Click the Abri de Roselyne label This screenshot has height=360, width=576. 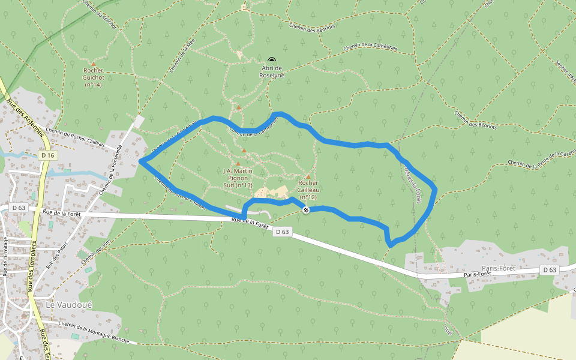coord(271,72)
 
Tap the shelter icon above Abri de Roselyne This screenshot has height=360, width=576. coord(272,60)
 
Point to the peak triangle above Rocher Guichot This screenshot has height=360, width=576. coord(93,64)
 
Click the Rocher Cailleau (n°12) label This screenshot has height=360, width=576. coord(308,190)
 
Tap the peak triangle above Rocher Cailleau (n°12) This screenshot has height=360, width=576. coord(308,176)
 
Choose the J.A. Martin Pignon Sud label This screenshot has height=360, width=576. coord(238,178)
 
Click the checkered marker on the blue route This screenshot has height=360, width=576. coord(306,209)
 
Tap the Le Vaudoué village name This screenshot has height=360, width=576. coord(69,305)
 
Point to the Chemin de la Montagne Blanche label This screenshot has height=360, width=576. coord(94,331)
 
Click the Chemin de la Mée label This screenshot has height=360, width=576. coord(182,58)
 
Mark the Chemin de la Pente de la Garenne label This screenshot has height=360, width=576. coord(540,160)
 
